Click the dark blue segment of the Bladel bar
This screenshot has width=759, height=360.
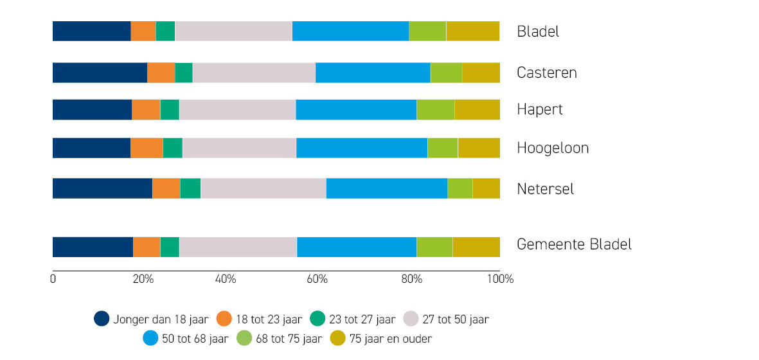[91, 32]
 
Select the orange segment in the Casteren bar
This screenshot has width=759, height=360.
[161, 73]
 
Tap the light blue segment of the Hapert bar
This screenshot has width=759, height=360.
[356, 110]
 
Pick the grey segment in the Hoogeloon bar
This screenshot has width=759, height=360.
[239, 148]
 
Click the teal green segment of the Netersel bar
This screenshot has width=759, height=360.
[190, 188]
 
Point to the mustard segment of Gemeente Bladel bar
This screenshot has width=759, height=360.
[476, 248]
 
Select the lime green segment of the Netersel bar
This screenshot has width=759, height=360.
[460, 188]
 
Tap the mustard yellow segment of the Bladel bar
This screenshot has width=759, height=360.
[472, 32]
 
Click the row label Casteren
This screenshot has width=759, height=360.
[546, 73]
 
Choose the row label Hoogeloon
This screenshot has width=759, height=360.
[553, 148]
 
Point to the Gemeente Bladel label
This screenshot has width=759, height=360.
[574, 244]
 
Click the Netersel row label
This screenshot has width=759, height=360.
[545, 189]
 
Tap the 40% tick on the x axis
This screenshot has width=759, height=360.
[226, 280]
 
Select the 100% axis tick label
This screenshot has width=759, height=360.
[501, 280]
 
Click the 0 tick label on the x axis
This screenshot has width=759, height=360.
[53, 280]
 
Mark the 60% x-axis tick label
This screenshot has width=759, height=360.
[317, 280]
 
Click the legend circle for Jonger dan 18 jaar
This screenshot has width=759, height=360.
[102, 319]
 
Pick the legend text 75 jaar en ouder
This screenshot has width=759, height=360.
[391, 339]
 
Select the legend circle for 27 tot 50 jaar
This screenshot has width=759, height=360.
[410, 319]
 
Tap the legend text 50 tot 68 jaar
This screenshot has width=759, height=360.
[195, 339]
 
